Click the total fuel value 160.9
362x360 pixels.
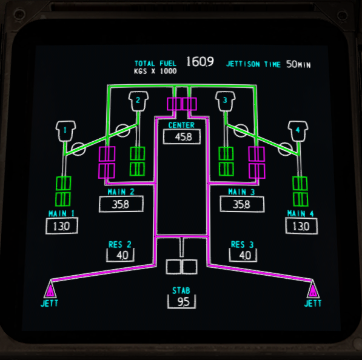coord(200,62)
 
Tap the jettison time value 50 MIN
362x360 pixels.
coord(298,64)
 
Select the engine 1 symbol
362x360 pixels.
coord(65,131)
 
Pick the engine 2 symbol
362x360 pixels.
coord(138,101)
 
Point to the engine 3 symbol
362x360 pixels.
coord(225,101)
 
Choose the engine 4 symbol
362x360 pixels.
coord(298,131)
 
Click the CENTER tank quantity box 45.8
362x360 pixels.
coord(182,137)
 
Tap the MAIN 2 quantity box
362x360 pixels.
coord(121,204)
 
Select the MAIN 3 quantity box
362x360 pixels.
coord(242,204)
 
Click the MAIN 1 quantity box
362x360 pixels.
coord(62,226)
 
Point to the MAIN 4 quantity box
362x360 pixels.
coord(301,226)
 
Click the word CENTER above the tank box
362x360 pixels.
coord(181,125)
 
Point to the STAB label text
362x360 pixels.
coord(181,290)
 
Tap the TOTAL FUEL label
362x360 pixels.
coord(155,64)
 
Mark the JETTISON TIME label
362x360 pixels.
coord(253,64)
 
